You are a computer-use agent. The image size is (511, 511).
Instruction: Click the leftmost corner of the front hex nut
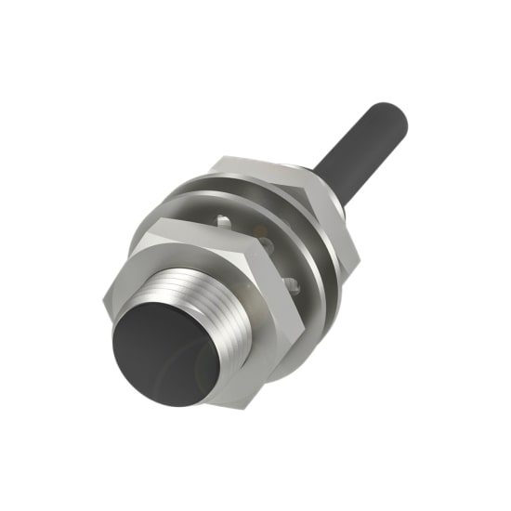(101, 300)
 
